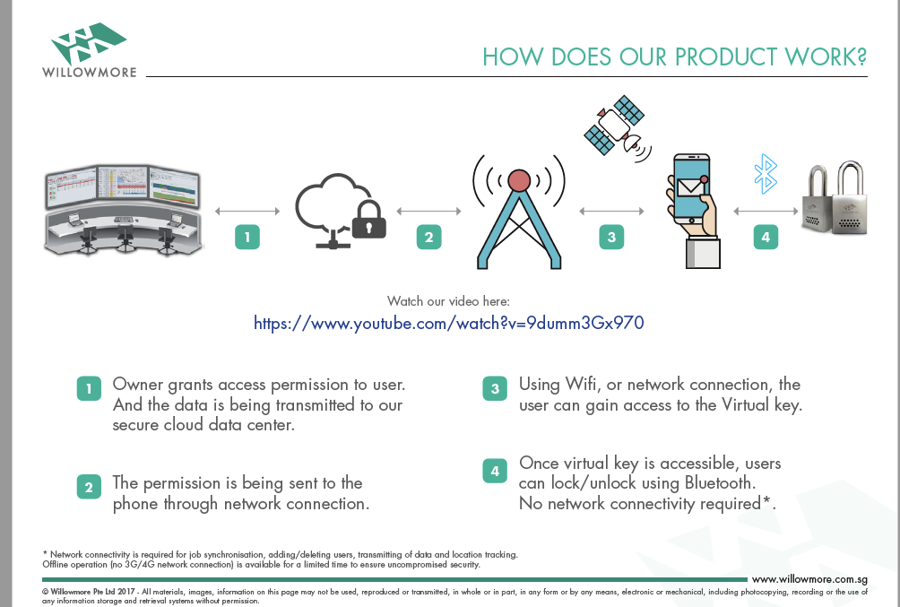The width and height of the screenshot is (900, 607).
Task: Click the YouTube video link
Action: point(449,324)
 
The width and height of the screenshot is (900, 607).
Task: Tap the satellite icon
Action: point(617,127)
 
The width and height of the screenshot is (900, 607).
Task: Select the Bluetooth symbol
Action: point(766,173)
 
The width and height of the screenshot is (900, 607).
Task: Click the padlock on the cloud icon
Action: point(368,221)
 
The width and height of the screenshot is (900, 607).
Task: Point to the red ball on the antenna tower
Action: point(519,180)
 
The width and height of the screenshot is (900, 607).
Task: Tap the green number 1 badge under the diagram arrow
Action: point(247,238)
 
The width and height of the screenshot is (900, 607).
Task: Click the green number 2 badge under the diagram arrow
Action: point(428,238)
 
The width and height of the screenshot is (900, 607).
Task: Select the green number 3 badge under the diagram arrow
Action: point(611,238)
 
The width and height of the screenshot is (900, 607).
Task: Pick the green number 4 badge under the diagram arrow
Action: point(766,238)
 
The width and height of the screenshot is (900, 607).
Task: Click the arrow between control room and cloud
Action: point(247,212)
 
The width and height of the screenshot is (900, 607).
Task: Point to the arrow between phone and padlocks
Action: point(766,212)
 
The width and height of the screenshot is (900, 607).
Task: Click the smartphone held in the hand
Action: point(691,189)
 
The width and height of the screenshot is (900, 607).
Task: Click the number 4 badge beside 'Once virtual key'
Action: point(495,471)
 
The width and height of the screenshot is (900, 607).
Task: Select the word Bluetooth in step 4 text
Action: point(720,483)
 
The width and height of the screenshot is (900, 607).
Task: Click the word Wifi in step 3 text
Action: point(582,384)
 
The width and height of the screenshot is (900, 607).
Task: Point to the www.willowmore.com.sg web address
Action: point(809,579)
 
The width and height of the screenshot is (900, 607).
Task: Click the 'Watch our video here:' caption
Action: point(448,301)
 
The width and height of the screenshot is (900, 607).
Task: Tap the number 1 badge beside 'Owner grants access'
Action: point(89,389)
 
